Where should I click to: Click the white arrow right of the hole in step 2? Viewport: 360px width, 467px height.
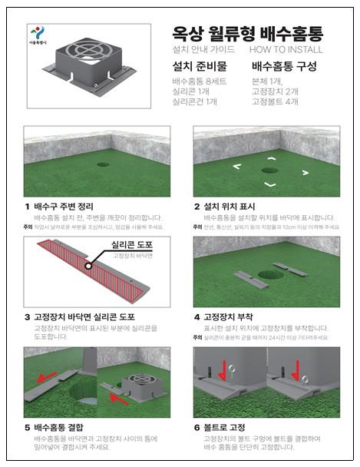click(305, 173)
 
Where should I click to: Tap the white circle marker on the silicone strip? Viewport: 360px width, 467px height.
click(89, 266)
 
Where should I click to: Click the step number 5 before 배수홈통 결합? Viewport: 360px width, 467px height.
click(27, 426)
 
